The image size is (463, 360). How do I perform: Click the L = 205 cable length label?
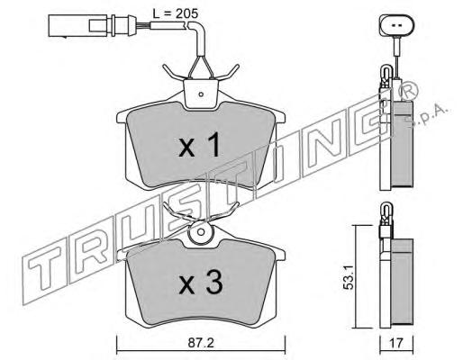175,13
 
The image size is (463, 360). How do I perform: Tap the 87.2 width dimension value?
201,343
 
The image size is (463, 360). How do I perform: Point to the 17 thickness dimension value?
396,343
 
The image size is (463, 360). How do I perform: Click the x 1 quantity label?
200,146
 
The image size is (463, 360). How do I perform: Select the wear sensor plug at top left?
90,25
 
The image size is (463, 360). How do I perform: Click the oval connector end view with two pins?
396,25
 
